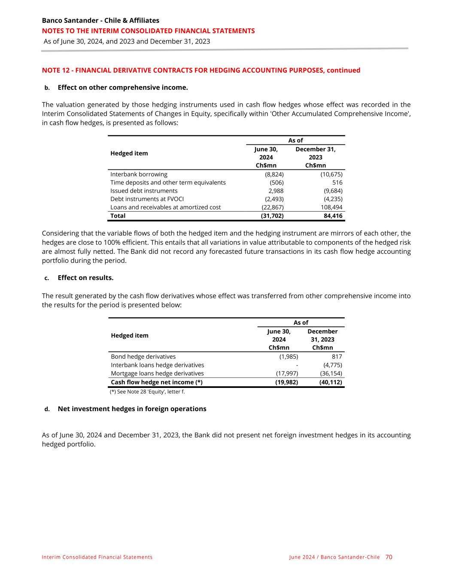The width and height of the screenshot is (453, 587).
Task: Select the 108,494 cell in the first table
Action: (x=331, y=207)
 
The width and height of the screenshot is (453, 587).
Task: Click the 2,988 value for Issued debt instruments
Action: (x=276, y=191)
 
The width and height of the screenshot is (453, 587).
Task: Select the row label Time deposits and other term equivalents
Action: (x=168, y=183)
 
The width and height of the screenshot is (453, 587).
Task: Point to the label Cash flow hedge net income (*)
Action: (x=157, y=382)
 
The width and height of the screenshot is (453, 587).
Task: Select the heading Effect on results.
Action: (x=85, y=278)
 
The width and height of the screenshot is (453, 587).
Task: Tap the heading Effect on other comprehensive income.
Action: (x=122, y=88)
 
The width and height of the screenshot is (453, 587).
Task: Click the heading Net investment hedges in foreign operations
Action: (x=132, y=409)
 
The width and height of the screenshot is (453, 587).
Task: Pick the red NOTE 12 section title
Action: (x=201, y=70)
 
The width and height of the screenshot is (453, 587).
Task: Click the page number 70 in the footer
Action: (x=389, y=557)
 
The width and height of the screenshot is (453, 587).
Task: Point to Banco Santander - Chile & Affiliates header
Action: (x=100, y=21)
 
